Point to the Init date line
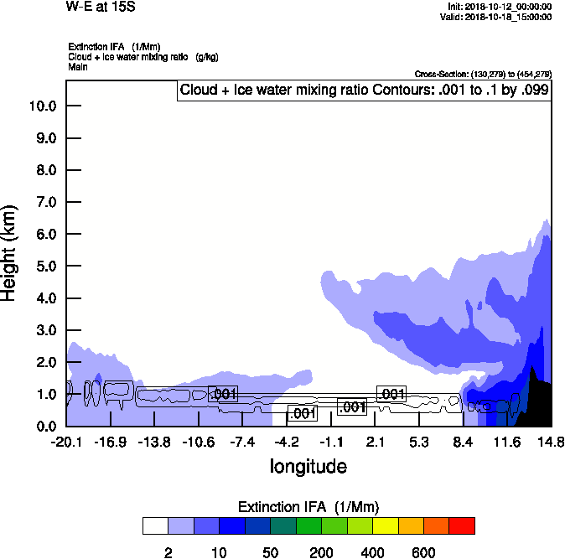(x=500, y=7)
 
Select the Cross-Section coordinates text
(x=483, y=75)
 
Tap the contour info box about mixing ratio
(x=365, y=90)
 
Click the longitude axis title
(x=308, y=466)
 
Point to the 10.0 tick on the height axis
(x=42, y=106)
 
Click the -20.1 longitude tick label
(x=67, y=442)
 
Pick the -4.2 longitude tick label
(x=288, y=442)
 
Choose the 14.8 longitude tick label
(x=551, y=442)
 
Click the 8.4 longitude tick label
(x=463, y=442)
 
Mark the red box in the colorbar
(x=462, y=525)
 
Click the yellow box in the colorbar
(x=385, y=525)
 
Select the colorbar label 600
(x=423, y=552)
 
